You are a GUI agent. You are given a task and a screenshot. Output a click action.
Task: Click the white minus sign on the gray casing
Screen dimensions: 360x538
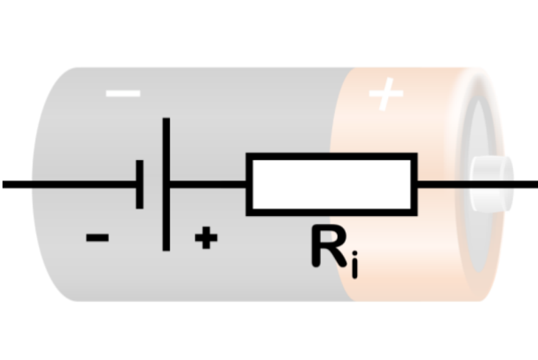(x=123, y=92)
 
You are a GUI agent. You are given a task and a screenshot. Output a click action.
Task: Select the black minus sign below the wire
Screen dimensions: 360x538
(x=98, y=237)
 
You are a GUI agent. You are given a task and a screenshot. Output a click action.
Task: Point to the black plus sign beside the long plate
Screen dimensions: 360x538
(x=206, y=238)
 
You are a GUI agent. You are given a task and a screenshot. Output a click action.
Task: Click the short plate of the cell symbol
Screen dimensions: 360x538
(x=139, y=184)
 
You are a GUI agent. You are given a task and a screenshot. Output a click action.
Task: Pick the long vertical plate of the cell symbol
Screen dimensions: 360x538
(x=166, y=184)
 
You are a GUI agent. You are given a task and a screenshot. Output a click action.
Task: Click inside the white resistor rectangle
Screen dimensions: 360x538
(x=332, y=184)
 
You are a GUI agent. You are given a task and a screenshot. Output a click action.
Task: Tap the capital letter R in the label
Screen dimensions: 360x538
(x=328, y=247)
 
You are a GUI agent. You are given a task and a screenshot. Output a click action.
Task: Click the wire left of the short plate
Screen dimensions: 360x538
(x=67, y=184)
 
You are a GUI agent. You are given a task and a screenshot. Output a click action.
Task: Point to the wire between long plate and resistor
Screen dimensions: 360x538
(x=208, y=184)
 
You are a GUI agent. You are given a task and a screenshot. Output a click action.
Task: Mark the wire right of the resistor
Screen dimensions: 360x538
(x=444, y=184)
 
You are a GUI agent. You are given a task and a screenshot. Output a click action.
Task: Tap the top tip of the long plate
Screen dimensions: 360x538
(x=166, y=121)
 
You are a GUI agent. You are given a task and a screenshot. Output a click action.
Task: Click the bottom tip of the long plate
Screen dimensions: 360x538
(x=166, y=248)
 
